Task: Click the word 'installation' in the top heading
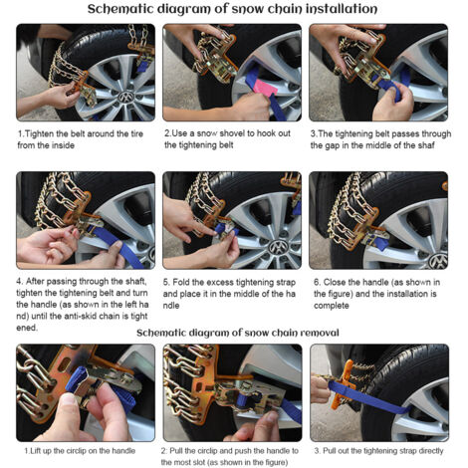coord(341,9)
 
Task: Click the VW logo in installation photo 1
coord(126,97)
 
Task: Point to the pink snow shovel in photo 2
coord(265,88)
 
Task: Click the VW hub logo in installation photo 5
coord(278,247)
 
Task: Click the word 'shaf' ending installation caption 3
coord(426,145)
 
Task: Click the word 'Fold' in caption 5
coord(181,282)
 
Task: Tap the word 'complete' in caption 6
coord(332,306)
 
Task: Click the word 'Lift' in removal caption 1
coord(36,451)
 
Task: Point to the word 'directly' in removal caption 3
coord(431,451)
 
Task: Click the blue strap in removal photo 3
coord(368,398)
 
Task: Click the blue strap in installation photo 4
coord(117,246)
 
